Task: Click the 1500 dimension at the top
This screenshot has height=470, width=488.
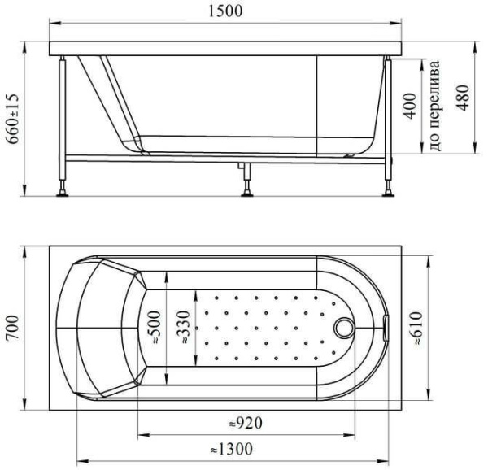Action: [222, 12]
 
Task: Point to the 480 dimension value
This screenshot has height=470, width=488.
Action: [463, 98]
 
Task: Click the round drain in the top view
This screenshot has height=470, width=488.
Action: [344, 326]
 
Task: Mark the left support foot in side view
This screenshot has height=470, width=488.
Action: [62, 193]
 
